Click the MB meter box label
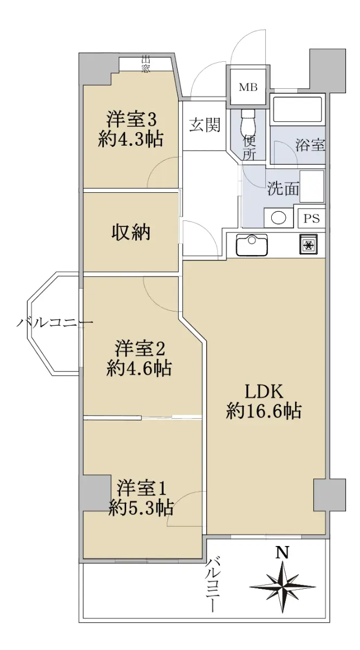pyautogui.click(x=248, y=87)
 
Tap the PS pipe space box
pyautogui.click(x=311, y=218)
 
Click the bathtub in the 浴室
pyautogui.click(x=297, y=109)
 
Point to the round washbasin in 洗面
pyautogui.click(x=278, y=218)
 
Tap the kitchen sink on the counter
pyautogui.click(x=252, y=245)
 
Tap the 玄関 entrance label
pyautogui.click(x=205, y=125)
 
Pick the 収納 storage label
pyautogui.click(x=131, y=232)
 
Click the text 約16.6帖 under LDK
pyautogui.click(x=264, y=411)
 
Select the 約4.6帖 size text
pyautogui.click(x=139, y=368)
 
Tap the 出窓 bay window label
pyautogui.click(x=146, y=64)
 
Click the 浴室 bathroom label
pyautogui.click(x=310, y=145)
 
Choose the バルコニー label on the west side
pyautogui.click(x=55, y=322)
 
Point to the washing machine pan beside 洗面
pyautogui.click(x=312, y=186)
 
